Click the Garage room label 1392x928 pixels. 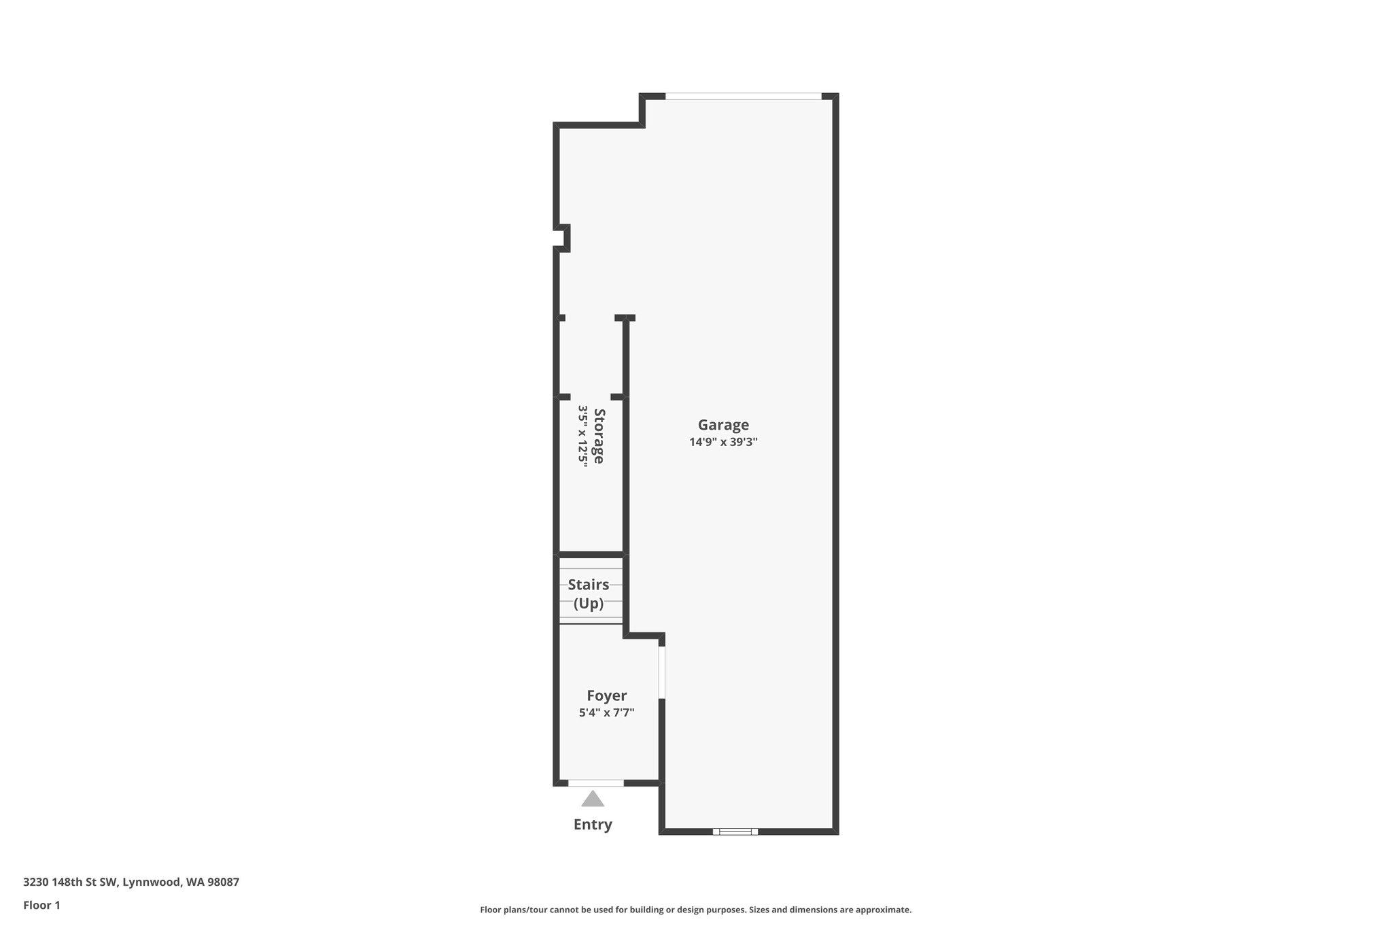(x=723, y=425)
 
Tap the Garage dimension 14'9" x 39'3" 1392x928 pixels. (x=723, y=442)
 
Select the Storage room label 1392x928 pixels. (x=599, y=436)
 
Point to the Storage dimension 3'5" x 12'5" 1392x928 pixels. (x=582, y=436)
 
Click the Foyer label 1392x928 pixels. (x=606, y=695)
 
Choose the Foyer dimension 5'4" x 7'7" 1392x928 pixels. (x=606, y=712)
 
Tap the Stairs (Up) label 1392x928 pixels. (x=589, y=594)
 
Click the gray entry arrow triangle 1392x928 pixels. (x=593, y=799)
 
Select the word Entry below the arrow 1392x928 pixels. (x=593, y=825)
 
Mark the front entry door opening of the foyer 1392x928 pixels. (x=595, y=783)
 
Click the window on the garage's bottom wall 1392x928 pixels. (x=735, y=831)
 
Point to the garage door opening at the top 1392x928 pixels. (x=744, y=97)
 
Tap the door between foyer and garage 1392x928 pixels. (x=661, y=672)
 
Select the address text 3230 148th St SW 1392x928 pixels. (x=71, y=882)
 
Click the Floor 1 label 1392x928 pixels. (x=41, y=906)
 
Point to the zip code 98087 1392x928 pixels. (x=223, y=882)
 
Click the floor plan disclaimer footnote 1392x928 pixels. (x=695, y=910)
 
